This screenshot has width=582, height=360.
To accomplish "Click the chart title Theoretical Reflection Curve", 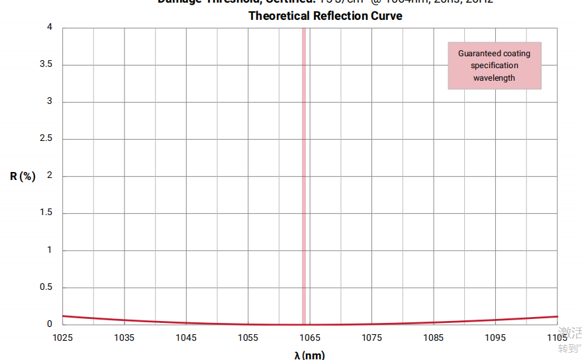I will [325, 16].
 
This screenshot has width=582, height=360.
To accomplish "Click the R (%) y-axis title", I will [23, 176].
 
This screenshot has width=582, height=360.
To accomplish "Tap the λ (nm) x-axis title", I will [309, 355].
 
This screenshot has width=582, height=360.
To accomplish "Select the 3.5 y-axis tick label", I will [46, 65].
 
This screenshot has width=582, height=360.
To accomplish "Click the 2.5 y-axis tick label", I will [46, 139].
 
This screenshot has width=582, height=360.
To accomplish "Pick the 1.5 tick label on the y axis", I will [46, 213].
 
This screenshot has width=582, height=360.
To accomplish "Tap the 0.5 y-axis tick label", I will [46, 288].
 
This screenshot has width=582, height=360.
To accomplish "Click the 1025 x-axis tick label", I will [62, 337].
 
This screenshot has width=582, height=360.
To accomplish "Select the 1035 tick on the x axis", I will [124, 337].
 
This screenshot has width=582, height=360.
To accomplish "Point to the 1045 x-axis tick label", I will [186, 337].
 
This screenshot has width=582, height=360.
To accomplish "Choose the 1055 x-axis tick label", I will [248, 337].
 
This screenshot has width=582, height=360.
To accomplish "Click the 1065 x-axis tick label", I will [310, 337].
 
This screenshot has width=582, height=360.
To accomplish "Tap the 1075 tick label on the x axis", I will [371, 337].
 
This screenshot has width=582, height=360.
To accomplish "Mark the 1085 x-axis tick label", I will [434, 337].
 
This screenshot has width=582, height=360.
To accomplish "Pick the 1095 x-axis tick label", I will [495, 337].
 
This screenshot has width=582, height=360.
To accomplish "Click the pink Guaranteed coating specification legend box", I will [495, 66].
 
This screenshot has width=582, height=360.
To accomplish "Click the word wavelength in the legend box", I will [494, 78].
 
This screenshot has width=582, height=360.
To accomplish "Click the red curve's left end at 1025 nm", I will [64, 316].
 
